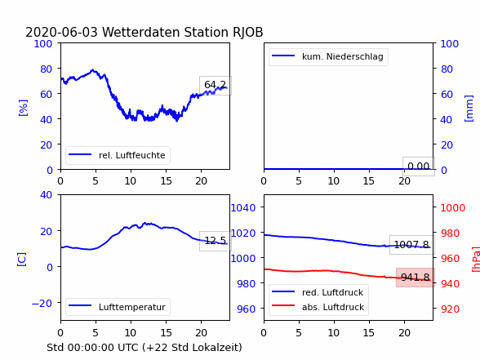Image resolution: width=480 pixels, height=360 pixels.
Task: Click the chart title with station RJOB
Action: click(144, 32)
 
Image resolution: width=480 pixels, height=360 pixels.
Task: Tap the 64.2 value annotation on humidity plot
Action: click(216, 85)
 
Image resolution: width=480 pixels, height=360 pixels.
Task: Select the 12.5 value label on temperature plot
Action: click(216, 241)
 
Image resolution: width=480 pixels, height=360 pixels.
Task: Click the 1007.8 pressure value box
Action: click(411, 245)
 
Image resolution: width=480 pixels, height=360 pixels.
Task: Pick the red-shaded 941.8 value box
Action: click(415, 278)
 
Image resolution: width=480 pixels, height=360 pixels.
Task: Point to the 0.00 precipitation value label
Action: click(419, 167)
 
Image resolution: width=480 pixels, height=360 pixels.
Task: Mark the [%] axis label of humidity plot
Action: click(23, 108)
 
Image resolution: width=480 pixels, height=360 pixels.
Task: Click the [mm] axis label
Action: click(469, 109)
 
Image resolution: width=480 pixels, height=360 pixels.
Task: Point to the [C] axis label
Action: click(21, 260)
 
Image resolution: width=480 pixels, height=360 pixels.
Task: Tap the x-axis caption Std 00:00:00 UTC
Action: click(144, 348)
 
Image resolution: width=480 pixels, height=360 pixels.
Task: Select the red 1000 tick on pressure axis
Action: click(453, 208)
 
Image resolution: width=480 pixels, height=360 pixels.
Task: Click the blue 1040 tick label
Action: click(243, 208)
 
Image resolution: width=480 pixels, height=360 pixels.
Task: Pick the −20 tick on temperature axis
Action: click(42, 303)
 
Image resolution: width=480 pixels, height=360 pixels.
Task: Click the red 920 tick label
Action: click(450, 309)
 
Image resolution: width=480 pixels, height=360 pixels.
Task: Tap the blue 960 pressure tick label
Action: click(247, 309)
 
